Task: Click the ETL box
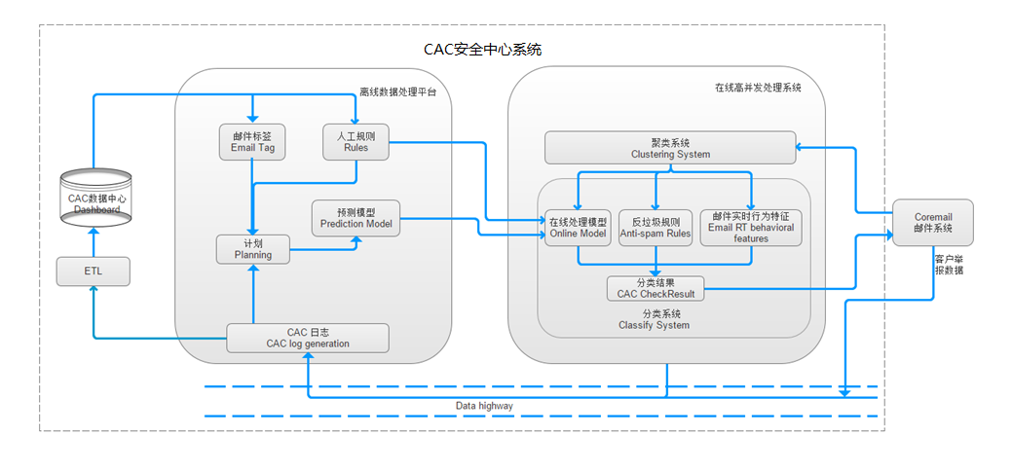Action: click(93, 271)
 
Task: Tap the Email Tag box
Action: click(251, 142)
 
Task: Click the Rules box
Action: click(356, 142)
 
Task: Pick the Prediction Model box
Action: click(356, 218)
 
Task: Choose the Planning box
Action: click(253, 250)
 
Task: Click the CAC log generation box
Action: click(308, 338)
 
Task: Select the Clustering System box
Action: click(670, 148)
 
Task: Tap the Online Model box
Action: click(578, 227)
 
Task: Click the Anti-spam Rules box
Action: click(656, 227)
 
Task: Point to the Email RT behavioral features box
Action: click(751, 227)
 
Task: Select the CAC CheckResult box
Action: click(656, 288)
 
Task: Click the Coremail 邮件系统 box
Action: click(932, 222)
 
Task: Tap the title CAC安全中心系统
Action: click(483, 49)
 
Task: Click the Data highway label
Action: click(484, 406)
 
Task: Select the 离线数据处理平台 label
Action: click(397, 91)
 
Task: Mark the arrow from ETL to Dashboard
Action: click(93, 242)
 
